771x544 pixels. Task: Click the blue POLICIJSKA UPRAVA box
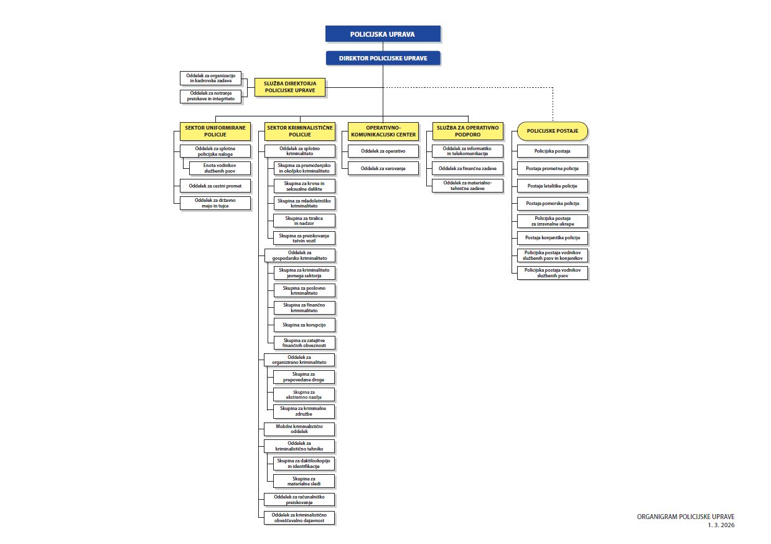click(383, 34)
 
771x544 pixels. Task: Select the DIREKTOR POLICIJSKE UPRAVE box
click(383, 58)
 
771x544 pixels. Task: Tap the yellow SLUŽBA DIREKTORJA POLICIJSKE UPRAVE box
click(290, 87)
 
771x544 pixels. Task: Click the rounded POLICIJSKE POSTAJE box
click(553, 131)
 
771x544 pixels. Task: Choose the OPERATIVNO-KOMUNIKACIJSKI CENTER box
click(383, 131)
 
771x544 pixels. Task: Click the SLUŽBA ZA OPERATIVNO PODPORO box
click(467, 131)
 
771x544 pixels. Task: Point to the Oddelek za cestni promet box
click(215, 186)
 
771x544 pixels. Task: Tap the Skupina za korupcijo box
click(304, 325)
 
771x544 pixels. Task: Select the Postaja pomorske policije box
click(553, 204)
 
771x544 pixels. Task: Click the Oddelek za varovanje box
click(383, 168)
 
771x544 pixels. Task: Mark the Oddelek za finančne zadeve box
click(467, 168)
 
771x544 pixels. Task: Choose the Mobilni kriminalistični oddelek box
click(299, 429)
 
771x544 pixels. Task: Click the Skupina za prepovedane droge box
click(304, 376)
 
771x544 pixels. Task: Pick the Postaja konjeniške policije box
click(553, 238)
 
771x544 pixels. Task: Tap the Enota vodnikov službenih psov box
click(220, 168)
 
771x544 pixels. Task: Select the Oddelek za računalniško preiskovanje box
click(299, 499)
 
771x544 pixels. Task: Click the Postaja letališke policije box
click(553, 186)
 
